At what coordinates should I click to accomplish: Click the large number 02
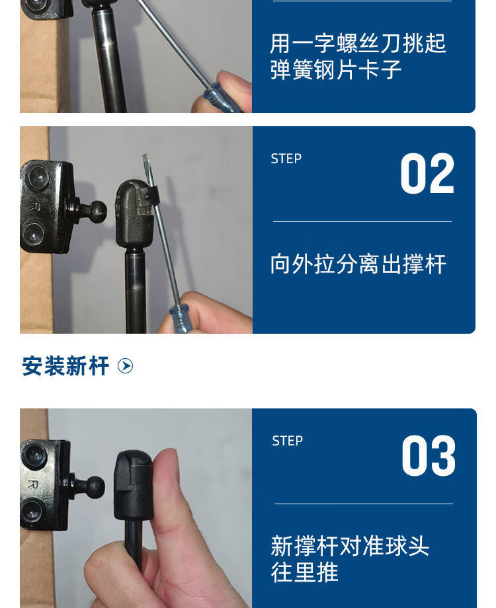[427, 173]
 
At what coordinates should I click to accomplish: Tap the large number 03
[429, 455]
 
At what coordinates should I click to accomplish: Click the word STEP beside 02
[286, 159]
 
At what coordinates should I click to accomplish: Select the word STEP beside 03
[287, 441]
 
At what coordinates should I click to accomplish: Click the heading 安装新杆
[65, 366]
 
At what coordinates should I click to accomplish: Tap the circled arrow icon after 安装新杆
[126, 366]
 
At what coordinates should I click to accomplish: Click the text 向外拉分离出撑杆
[358, 264]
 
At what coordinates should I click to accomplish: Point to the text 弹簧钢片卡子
[336, 70]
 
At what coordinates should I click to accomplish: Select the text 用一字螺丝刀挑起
[358, 43]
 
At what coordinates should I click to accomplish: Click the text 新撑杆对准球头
[350, 546]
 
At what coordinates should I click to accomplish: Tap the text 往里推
[304, 572]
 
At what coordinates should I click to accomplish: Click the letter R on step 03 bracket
[34, 484]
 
